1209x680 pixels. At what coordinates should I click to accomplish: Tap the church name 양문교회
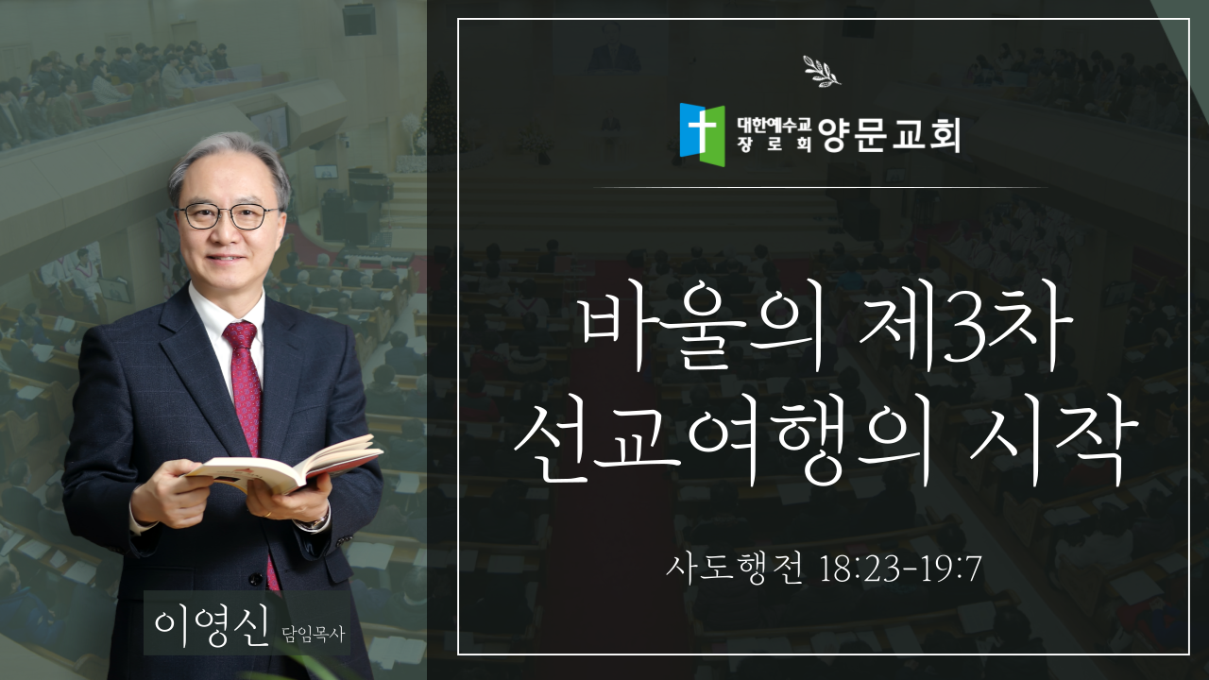coord(889,135)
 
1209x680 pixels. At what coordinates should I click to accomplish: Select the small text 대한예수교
coord(775,126)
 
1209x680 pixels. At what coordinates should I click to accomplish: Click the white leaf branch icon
coord(822,71)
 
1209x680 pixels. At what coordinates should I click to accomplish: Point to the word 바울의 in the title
coord(701,331)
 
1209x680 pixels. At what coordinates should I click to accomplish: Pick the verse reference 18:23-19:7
coord(900,569)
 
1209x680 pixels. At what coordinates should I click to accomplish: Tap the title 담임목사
coord(313,633)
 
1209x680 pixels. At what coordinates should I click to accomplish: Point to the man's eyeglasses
coord(229,217)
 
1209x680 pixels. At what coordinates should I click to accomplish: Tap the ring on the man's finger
coord(269,515)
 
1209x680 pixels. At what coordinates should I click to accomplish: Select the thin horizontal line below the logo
coord(821,187)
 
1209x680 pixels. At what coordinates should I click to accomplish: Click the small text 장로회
coord(775,144)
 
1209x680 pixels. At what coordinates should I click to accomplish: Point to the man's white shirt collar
coord(226,313)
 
